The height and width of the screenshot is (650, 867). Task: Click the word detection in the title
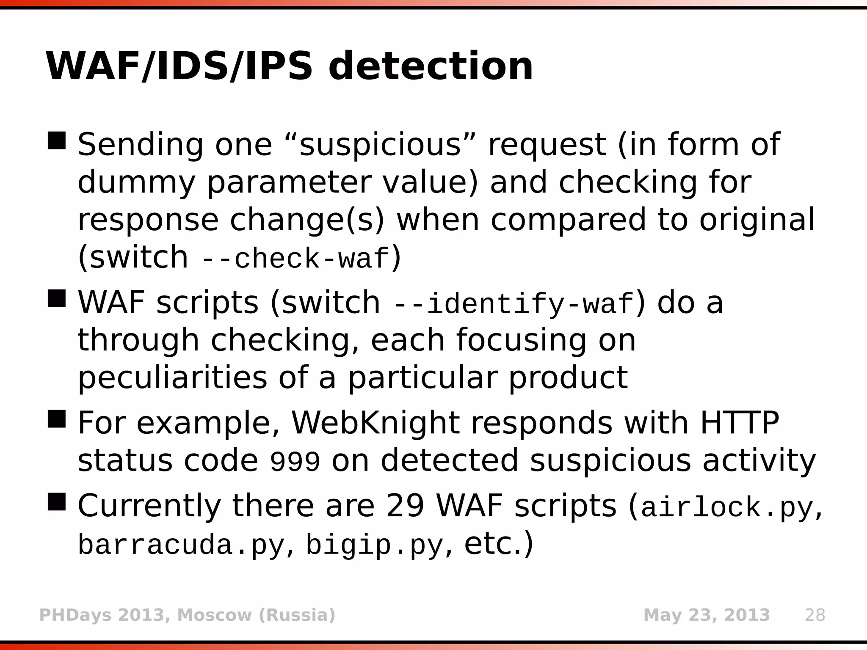[431, 66]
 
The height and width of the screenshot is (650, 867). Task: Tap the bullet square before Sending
[57, 140]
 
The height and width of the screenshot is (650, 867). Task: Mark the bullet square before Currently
[57, 501]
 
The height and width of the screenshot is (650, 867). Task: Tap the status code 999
[295, 462]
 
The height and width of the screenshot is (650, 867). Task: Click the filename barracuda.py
[181, 545]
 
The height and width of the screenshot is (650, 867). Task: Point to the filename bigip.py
[374, 545]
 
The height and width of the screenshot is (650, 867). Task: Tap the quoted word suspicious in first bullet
[380, 145]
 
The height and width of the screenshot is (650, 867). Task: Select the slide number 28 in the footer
[815, 615]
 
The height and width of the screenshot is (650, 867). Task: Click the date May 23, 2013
[707, 615]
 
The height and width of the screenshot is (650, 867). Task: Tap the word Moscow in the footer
[215, 615]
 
